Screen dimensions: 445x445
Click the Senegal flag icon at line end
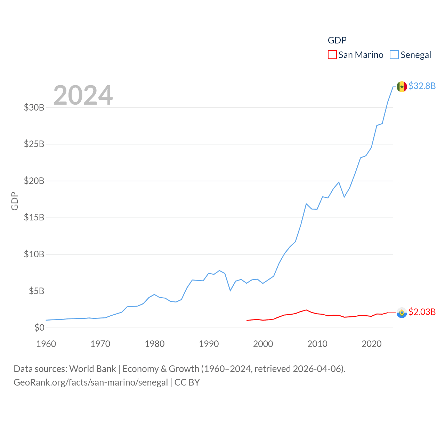click(x=402, y=87)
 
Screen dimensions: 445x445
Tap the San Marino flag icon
click(x=402, y=313)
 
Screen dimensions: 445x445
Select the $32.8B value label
click(x=422, y=86)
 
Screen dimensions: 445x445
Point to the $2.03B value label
click(x=422, y=312)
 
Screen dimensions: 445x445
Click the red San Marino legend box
click(x=332, y=55)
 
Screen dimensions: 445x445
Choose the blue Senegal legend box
click(x=394, y=55)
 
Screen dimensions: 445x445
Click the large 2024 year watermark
click(x=83, y=95)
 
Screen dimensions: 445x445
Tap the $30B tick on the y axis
click(x=34, y=107)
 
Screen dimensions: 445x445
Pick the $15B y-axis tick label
click(x=34, y=218)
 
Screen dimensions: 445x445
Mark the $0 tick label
click(x=39, y=327)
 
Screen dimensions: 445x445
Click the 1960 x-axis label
click(x=46, y=344)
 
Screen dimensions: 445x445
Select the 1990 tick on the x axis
click(x=209, y=344)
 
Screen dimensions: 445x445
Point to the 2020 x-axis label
click(x=372, y=344)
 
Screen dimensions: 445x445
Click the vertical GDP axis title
click(x=15, y=201)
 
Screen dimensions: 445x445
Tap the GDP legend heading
click(x=337, y=40)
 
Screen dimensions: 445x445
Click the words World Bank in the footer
click(x=92, y=369)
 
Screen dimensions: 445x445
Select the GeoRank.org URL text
click(x=91, y=382)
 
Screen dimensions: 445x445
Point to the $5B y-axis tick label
click(x=37, y=291)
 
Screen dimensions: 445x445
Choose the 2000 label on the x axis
click(x=263, y=344)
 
